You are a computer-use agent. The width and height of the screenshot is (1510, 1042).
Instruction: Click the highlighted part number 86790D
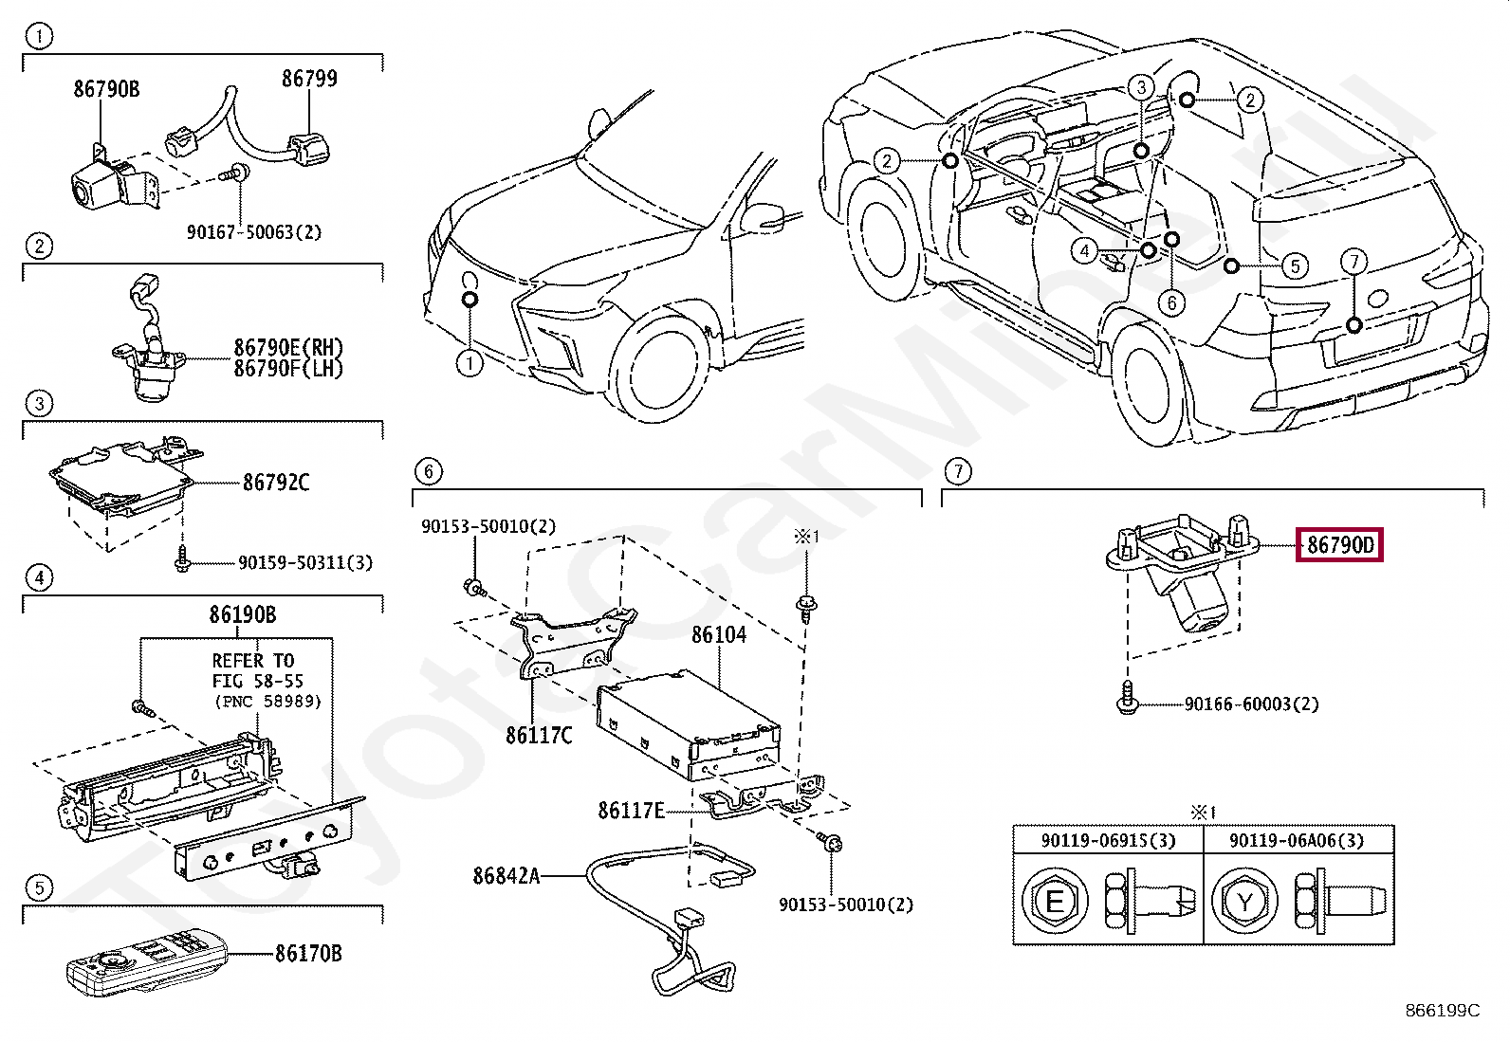[1339, 545]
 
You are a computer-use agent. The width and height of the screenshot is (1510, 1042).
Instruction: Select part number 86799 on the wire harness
[309, 79]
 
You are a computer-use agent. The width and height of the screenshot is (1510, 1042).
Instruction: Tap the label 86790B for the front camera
[106, 89]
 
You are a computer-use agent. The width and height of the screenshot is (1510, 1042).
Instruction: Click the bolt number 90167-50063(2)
[254, 232]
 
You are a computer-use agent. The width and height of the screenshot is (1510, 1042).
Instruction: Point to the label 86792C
[276, 483]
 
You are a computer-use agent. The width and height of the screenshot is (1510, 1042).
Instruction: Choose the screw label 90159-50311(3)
[305, 563]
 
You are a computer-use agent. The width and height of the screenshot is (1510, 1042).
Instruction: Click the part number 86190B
[243, 615]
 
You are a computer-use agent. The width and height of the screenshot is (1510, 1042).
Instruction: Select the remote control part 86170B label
[308, 954]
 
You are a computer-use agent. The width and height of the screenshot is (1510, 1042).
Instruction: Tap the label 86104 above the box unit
[718, 635]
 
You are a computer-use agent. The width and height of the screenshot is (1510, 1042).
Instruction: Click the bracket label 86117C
[539, 736]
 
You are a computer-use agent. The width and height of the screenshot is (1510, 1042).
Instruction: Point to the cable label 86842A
[506, 876]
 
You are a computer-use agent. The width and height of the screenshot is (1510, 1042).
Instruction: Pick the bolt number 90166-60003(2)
[1251, 704]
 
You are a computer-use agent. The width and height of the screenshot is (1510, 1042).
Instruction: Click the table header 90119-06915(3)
[1108, 841]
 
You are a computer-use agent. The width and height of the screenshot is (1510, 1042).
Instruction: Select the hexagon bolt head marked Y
[1244, 902]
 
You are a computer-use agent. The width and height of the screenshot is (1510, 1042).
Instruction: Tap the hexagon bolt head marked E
[1055, 901]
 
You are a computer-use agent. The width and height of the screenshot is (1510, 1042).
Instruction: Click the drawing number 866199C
[1442, 1011]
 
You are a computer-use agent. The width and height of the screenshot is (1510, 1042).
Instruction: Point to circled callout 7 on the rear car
[1353, 262]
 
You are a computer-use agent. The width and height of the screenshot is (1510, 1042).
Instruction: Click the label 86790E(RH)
[288, 348]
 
